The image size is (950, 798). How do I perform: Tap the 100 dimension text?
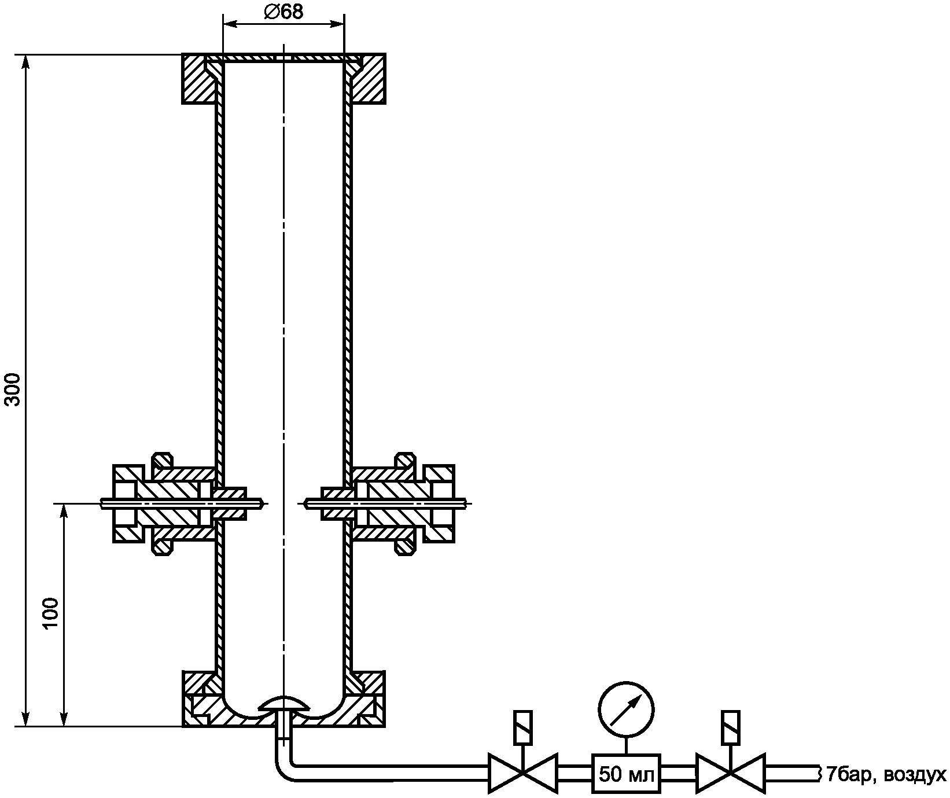pyautogui.click(x=51, y=612)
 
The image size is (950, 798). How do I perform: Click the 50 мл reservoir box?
pyautogui.click(x=627, y=774)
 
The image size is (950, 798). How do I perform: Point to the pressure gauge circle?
pyautogui.click(x=627, y=710)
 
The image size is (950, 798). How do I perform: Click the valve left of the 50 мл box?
pyautogui.click(x=523, y=773)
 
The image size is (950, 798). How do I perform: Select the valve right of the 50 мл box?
pyautogui.click(x=731, y=773)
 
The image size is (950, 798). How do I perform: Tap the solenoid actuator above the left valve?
pyautogui.click(x=523, y=727)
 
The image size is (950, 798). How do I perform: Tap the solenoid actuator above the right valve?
pyautogui.click(x=731, y=727)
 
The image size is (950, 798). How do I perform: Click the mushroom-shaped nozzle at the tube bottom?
pyautogui.click(x=283, y=704)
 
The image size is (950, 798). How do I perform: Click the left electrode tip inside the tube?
pyautogui.click(x=264, y=503)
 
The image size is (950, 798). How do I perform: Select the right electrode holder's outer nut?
pyautogui.click(x=440, y=503)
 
